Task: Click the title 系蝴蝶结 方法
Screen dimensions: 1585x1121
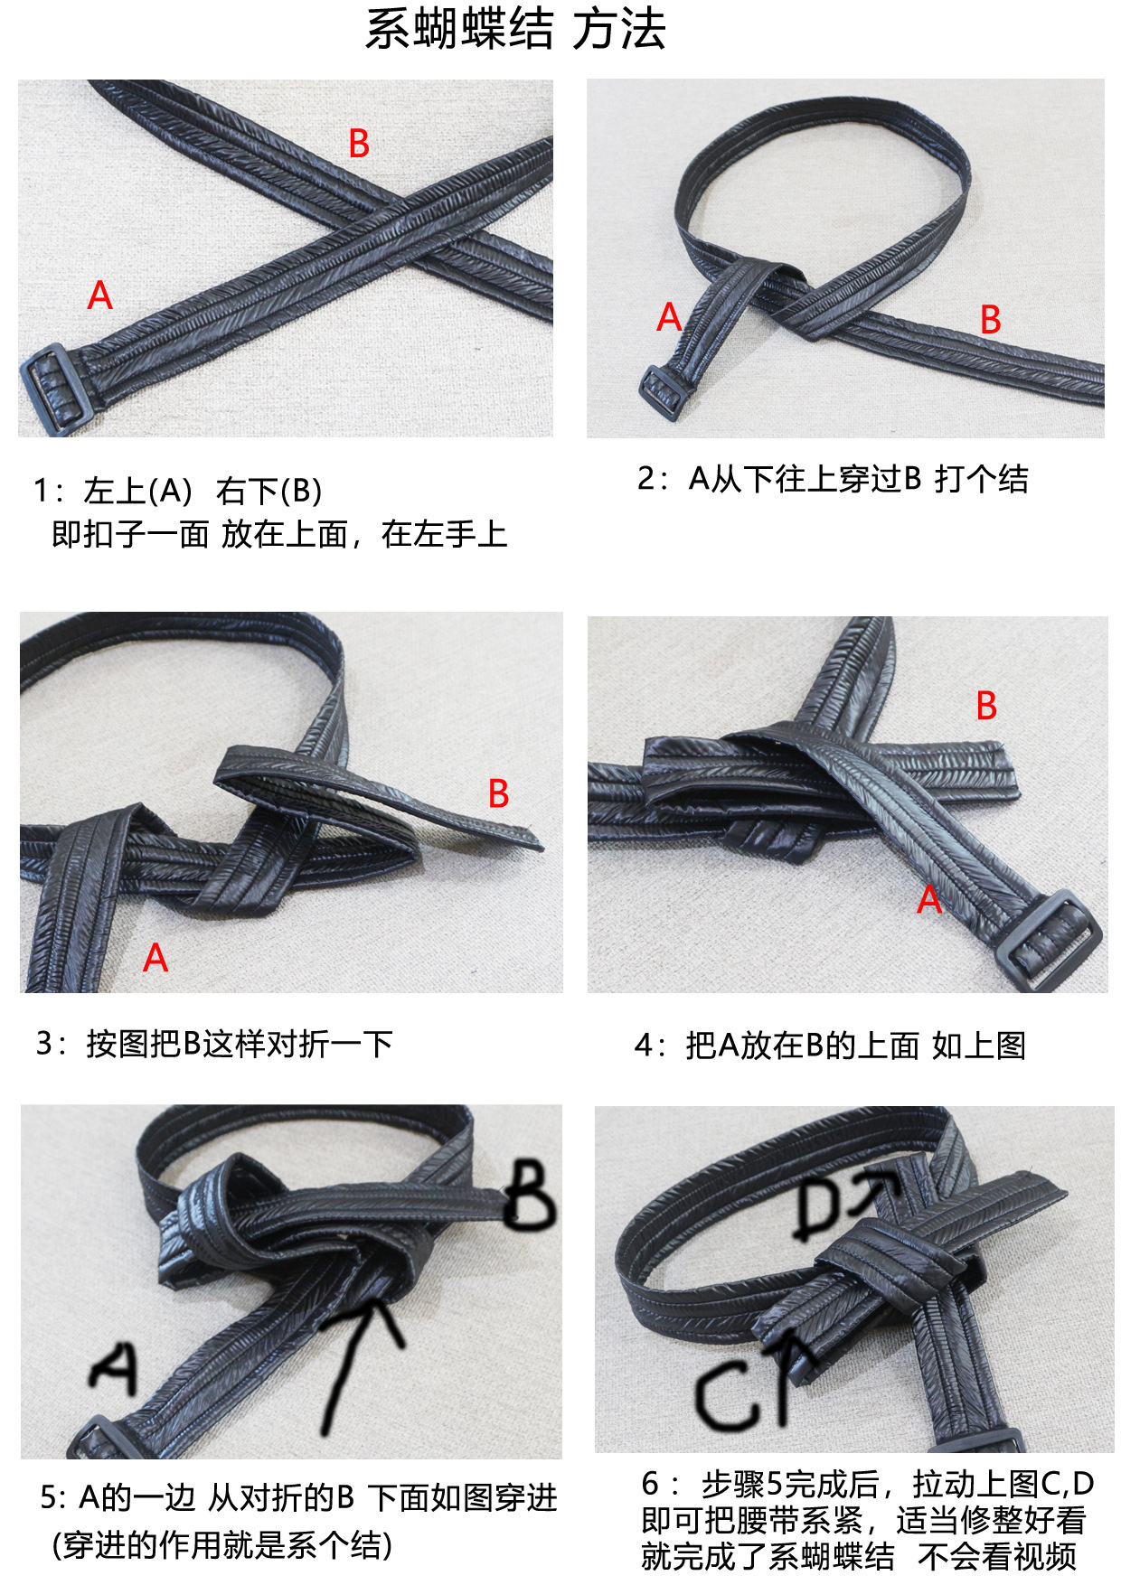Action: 515,29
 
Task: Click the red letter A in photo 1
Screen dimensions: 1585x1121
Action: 99,295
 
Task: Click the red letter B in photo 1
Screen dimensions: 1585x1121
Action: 359,144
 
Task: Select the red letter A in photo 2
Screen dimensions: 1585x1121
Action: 668,317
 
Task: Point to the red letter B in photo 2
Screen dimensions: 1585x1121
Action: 990,320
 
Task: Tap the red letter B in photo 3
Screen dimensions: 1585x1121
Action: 498,794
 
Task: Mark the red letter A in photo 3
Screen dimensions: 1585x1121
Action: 155,958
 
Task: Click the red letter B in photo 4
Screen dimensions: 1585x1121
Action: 986,706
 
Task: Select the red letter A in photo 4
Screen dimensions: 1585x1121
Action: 929,899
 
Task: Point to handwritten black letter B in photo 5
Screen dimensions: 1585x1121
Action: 529,1194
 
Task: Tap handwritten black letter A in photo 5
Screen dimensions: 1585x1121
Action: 115,1365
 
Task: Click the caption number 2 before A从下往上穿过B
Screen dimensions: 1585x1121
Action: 645,479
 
